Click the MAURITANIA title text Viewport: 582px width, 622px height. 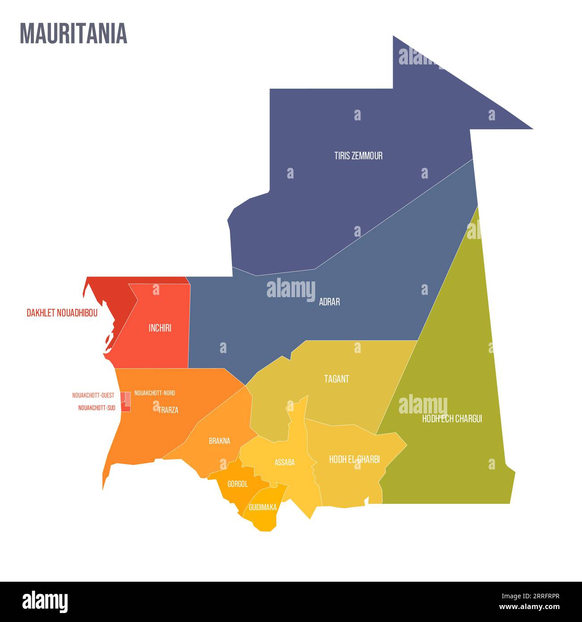click(73, 34)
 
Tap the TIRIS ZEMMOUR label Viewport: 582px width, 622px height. click(358, 156)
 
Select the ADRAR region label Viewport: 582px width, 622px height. click(329, 302)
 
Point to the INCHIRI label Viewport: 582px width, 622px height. click(160, 328)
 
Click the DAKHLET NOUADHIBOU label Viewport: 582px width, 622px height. click(62, 313)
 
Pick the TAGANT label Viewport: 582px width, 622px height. click(337, 379)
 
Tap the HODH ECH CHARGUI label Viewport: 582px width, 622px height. click(452, 419)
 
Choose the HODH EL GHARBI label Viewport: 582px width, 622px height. click(354, 460)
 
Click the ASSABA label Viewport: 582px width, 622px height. click(285, 463)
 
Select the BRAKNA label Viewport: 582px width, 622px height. click(219, 441)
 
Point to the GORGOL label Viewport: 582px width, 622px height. click(237, 484)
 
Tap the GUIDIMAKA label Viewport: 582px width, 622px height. click(263, 507)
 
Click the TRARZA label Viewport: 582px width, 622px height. click(168, 410)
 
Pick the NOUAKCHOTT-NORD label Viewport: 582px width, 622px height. click(154, 393)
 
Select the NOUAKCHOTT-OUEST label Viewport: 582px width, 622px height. click(93, 396)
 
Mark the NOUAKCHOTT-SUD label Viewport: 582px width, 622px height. click(97, 408)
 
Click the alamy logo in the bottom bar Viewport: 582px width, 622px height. click(45, 602)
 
